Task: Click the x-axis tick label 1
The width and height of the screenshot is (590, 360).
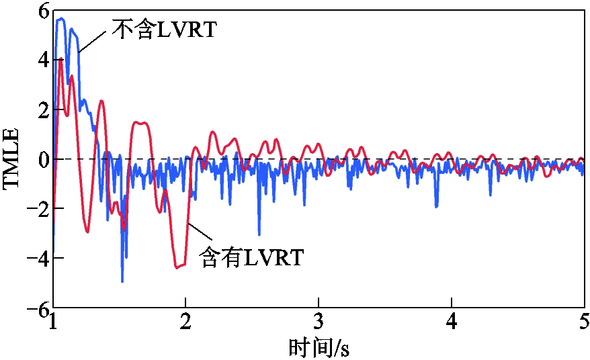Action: pyautogui.click(x=53, y=322)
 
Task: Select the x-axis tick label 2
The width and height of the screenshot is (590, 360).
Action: pyautogui.click(x=186, y=322)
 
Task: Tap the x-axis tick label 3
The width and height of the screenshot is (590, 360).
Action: pyautogui.click(x=319, y=322)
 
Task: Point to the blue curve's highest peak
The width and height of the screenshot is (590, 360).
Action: pyautogui.click(x=61, y=19)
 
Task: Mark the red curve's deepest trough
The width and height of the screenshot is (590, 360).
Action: pyautogui.click(x=177, y=267)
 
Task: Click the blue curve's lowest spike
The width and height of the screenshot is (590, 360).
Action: pyautogui.click(x=122, y=281)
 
